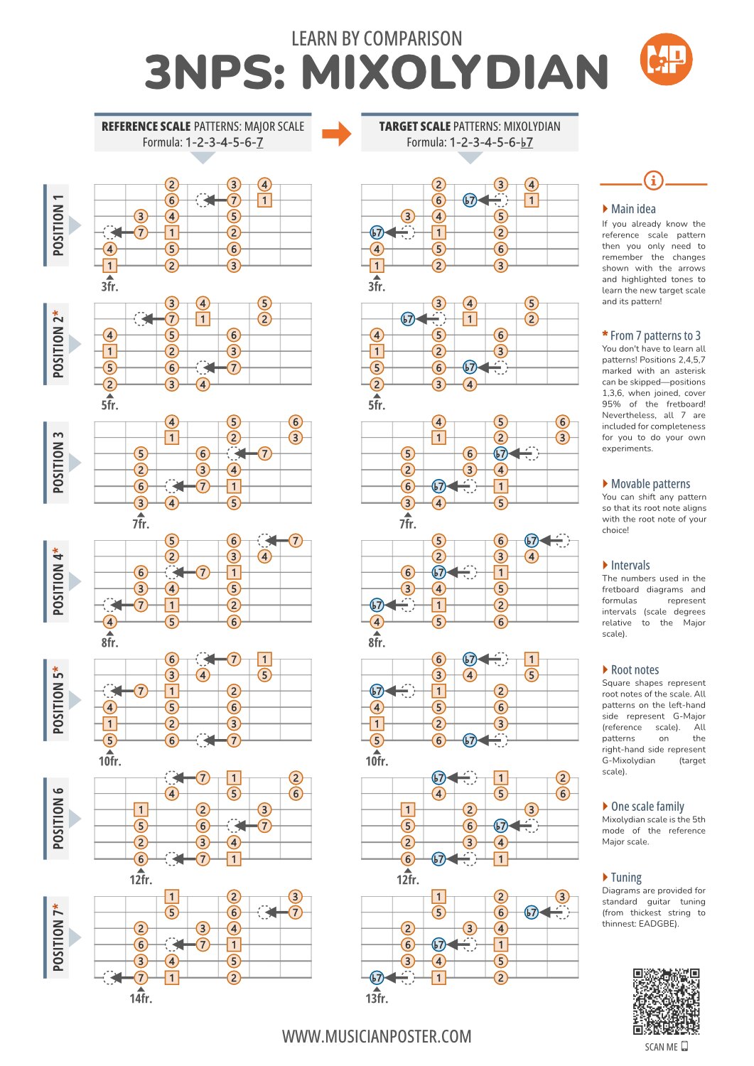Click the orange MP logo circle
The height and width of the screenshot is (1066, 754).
coord(665,60)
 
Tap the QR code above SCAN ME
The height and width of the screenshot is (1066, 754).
coord(666,1001)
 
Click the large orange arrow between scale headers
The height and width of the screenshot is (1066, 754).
coord(337,134)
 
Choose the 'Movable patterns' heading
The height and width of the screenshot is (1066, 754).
coord(646,484)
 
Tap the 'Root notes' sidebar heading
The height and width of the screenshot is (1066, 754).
coord(630,670)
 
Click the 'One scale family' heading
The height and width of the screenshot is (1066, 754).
coord(643,807)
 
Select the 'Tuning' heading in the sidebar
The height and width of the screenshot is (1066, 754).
coord(622,878)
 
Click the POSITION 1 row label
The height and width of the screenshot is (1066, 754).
coord(58,225)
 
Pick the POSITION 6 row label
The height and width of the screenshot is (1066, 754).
coord(58,819)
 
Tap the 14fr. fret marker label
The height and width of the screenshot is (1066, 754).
coord(141,998)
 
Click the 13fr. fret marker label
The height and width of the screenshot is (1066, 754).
coord(377,998)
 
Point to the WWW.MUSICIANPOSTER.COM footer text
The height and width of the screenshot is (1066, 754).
coord(377,1036)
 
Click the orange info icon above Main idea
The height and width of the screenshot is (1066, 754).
coord(653,181)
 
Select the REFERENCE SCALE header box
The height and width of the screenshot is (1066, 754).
coord(203,132)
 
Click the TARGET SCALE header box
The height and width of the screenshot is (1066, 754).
coord(470,132)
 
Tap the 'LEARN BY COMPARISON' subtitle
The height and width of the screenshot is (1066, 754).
coord(377,38)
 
